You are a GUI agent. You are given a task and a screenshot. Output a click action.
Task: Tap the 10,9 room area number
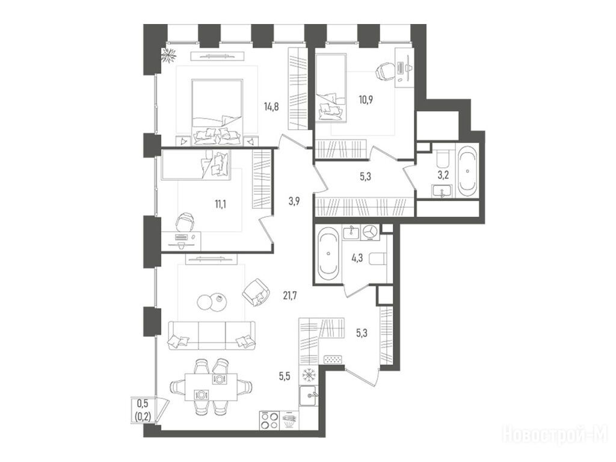[365, 99]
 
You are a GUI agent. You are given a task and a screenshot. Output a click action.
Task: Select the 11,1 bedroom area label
[220, 204]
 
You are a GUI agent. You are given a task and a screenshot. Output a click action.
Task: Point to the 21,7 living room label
[289, 295]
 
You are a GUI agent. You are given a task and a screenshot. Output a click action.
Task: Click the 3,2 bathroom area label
[443, 176]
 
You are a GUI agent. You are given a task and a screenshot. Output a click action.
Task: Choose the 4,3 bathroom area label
[357, 259]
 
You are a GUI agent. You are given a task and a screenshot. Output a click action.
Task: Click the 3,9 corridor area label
[294, 202]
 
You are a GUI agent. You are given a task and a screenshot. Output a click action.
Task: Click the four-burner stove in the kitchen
[269, 420]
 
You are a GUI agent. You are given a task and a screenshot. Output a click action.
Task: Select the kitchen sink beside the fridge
[310, 396]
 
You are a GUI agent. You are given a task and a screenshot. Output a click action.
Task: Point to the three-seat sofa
[211, 336]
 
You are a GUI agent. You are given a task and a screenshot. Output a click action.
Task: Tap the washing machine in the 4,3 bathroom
[370, 232]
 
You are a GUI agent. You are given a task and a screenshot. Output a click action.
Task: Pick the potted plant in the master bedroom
[170, 55]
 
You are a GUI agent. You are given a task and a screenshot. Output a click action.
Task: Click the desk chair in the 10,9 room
[384, 71]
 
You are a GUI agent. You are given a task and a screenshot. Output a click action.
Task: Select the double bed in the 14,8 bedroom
[217, 112]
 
